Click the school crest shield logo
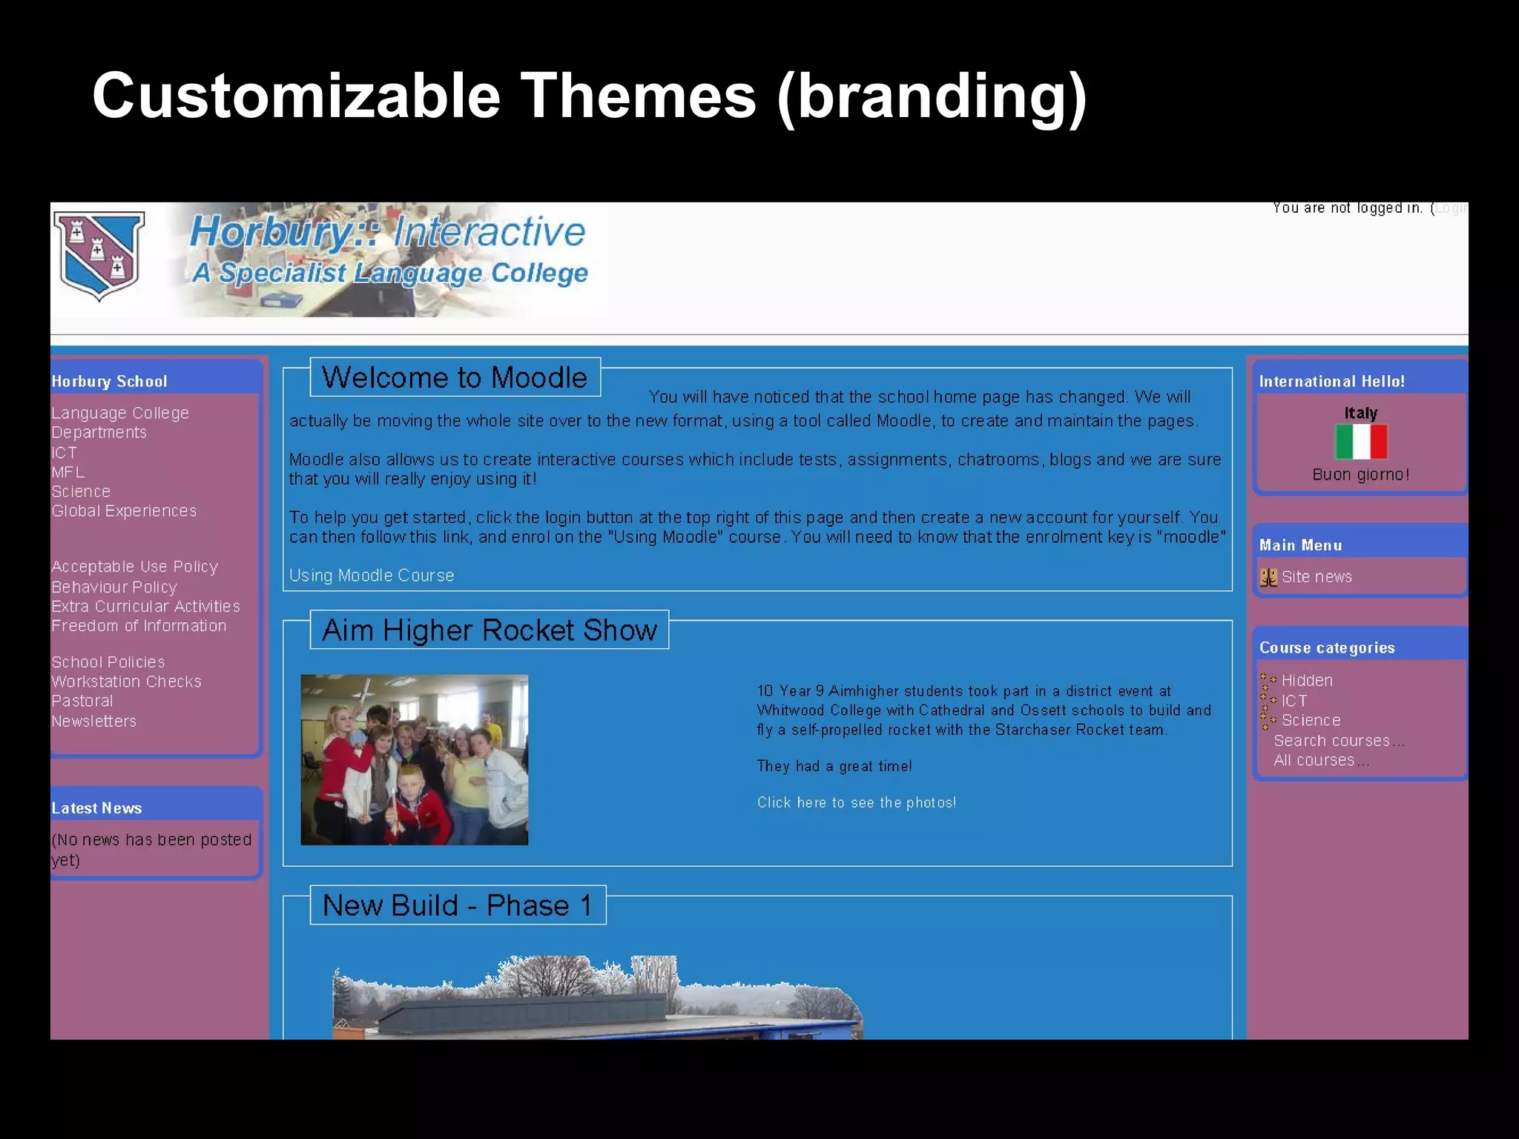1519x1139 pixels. (x=99, y=255)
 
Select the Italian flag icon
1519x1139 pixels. (x=1360, y=442)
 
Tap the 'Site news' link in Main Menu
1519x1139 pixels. (x=1316, y=577)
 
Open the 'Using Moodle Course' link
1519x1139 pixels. (x=372, y=575)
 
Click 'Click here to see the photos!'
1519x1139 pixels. (x=856, y=802)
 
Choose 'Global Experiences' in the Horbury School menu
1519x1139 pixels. (x=124, y=511)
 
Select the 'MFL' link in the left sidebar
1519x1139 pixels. (x=68, y=472)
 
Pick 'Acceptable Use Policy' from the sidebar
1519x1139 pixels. (x=134, y=567)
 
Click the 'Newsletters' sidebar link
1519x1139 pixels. (x=94, y=721)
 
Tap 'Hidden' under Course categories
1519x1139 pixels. (x=1307, y=680)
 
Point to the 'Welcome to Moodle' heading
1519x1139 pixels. (x=455, y=377)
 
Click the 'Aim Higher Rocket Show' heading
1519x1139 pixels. (x=490, y=630)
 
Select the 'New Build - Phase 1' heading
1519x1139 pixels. (x=458, y=905)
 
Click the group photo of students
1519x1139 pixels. (x=414, y=759)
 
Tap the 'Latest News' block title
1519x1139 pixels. (x=96, y=808)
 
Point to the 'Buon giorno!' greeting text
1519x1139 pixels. (x=1360, y=475)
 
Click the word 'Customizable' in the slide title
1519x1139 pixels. (x=297, y=96)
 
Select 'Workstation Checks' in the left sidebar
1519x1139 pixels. (x=126, y=681)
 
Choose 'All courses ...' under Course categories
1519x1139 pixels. (x=1321, y=760)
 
